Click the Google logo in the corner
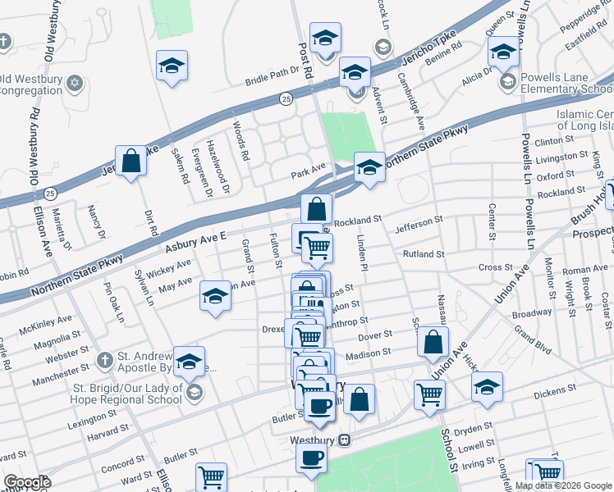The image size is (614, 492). point(27,482)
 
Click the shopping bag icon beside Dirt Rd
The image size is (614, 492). point(131,161)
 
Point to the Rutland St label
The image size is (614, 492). point(423,254)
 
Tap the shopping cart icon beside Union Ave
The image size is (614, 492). point(428,395)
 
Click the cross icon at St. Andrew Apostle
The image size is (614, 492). point(104,359)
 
